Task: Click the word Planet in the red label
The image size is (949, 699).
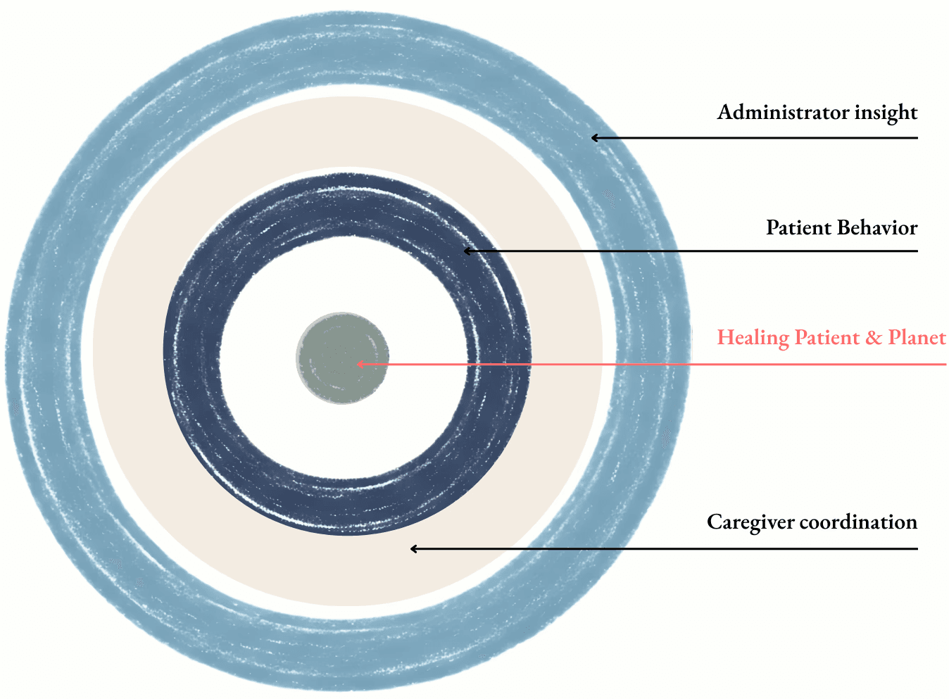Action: [x=917, y=338]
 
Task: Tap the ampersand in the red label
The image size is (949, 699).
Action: [x=874, y=339]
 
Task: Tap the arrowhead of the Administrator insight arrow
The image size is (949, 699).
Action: [x=595, y=138]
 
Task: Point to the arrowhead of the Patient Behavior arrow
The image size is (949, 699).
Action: [x=467, y=251]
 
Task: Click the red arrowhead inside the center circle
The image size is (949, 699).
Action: [x=360, y=364]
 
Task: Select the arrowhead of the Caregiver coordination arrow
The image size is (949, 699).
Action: [x=414, y=548]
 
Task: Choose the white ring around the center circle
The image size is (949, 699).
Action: [x=260, y=352]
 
